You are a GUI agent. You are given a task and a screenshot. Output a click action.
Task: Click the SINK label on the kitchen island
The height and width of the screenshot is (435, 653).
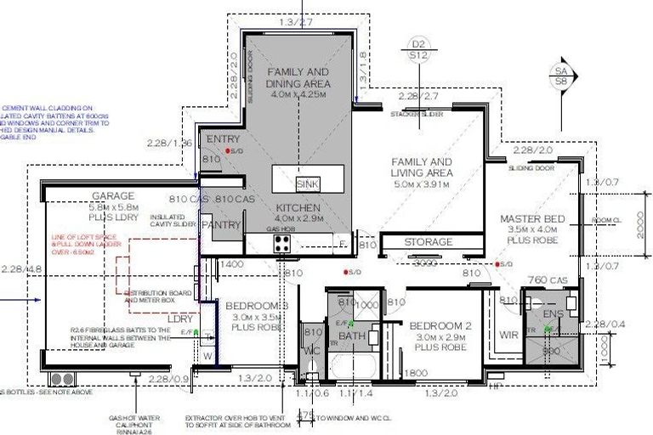click(x=307, y=184)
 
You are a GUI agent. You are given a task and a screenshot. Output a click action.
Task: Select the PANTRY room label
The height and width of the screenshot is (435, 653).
click(x=221, y=225)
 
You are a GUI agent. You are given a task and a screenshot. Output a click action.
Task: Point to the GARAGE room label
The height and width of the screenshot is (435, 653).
click(x=113, y=195)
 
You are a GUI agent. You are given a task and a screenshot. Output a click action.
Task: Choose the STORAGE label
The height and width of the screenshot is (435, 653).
click(x=428, y=242)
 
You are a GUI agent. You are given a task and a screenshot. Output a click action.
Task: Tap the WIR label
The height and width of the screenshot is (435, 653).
click(x=508, y=335)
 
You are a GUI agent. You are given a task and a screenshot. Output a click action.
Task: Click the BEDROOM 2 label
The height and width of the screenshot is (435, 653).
click(x=440, y=326)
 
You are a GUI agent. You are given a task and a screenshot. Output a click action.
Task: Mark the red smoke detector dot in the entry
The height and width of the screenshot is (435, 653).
click(x=228, y=151)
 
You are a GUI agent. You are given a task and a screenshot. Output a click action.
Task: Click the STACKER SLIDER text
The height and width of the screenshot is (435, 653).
click(x=417, y=113)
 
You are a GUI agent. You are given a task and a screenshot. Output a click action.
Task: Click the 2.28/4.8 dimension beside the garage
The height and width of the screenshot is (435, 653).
click(x=22, y=269)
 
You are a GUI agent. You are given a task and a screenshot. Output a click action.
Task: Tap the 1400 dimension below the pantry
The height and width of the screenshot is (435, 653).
click(x=232, y=265)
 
